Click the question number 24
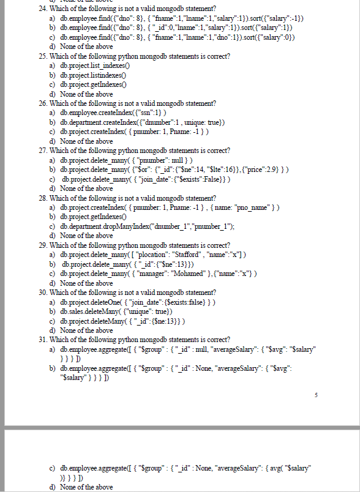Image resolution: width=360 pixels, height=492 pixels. (43, 9)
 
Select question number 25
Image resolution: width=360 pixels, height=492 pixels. (43, 56)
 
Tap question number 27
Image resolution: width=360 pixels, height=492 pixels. (43, 150)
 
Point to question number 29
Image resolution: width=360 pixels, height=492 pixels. (43, 245)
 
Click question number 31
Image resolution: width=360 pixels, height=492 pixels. (43, 339)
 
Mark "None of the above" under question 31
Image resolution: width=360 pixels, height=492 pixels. (86, 486)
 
